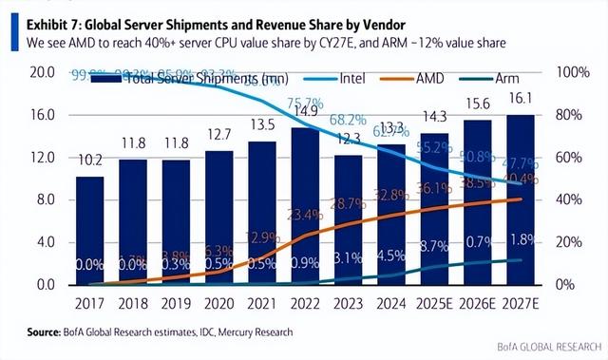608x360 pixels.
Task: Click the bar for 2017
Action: click(x=90, y=231)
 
